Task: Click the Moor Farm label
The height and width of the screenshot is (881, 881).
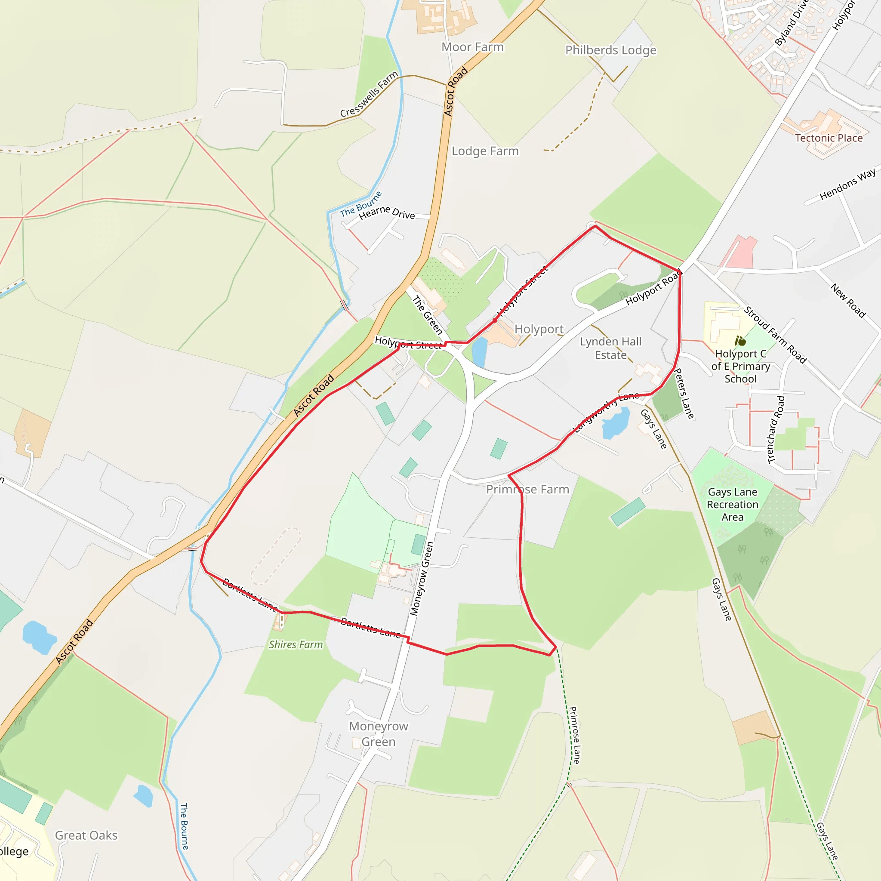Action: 472,47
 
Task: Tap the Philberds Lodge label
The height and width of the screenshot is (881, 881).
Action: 610,50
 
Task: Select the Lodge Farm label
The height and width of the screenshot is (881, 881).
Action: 485,151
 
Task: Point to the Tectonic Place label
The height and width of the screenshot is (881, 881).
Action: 829,138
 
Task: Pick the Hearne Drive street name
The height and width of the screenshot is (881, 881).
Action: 387,212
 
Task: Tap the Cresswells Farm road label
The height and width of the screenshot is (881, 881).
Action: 369,94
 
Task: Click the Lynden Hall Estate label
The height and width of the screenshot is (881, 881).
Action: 610,348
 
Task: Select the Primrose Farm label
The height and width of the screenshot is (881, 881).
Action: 527,489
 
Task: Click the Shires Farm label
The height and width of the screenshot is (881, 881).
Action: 296,644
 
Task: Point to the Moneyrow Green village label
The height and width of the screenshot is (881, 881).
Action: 379,734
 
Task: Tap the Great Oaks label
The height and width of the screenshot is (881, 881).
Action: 86,835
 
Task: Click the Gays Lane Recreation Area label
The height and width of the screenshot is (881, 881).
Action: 732,504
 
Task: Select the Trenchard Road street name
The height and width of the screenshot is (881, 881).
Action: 776,430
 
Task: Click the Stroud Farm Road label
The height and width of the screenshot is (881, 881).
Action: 775,335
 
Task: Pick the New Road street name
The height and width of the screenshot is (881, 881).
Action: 848,301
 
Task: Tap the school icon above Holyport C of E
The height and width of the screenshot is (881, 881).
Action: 740,341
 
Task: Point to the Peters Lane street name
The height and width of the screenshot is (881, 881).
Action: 684,393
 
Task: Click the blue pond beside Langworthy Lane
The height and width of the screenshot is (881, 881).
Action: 616,422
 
